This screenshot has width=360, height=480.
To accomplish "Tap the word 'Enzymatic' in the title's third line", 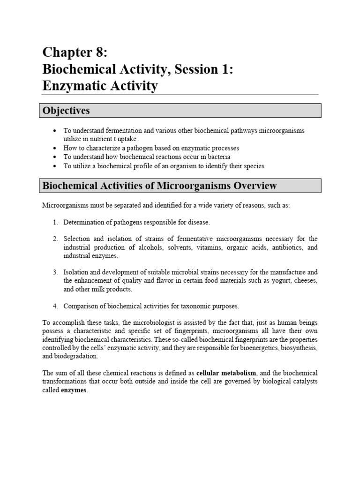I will [75, 86].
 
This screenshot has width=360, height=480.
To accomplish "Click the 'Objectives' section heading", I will [66, 111].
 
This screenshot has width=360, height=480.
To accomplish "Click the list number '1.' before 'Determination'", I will [55, 222].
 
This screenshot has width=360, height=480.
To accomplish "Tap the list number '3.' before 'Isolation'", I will [55, 272].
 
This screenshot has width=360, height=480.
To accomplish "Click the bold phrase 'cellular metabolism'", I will [226, 373].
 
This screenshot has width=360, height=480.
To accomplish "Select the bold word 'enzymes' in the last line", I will [74, 390].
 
